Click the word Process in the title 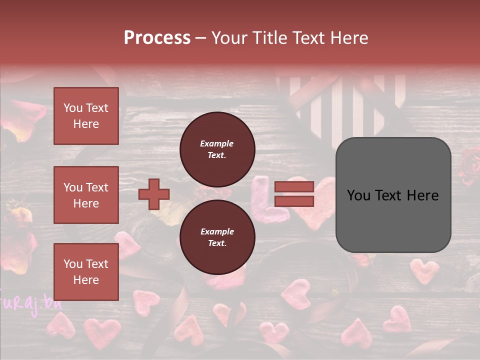[x=157, y=38]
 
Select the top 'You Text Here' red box [x=86, y=116]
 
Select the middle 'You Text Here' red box [x=86, y=195]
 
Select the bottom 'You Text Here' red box [x=86, y=271]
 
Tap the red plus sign [x=154, y=194]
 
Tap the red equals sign [x=294, y=194]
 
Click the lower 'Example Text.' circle [x=217, y=237]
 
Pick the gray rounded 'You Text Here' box [x=393, y=195]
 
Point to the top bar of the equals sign [x=294, y=187]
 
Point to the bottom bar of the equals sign [x=294, y=201]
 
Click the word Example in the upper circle [x=217, y=144]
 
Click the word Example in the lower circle [x=217, y=232]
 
